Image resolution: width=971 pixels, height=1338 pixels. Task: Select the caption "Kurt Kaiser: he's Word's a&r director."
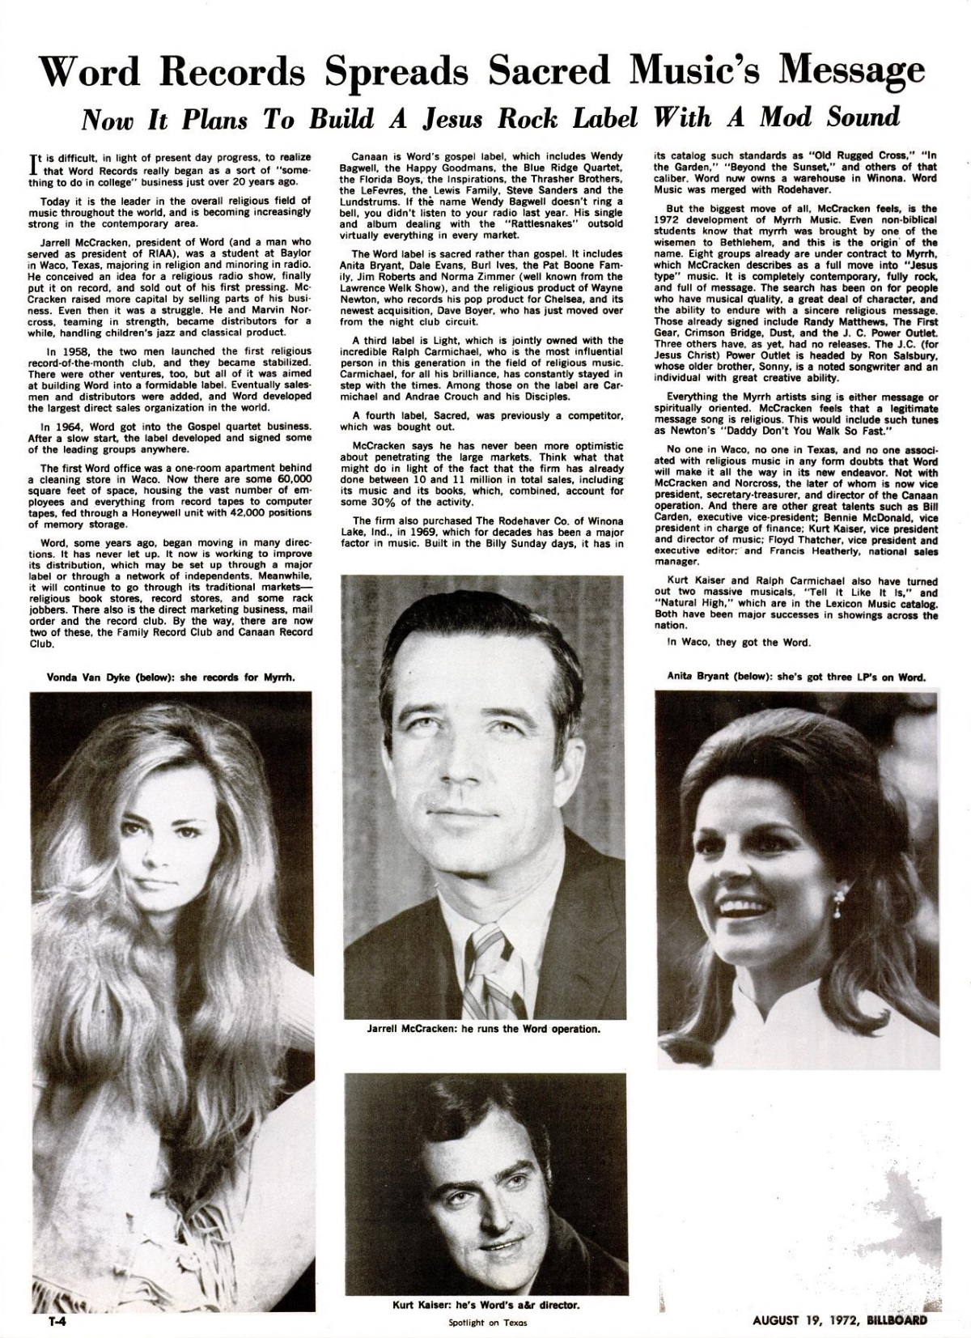pos(485,1305)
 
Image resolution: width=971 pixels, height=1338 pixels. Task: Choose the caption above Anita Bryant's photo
pos(796,677)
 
